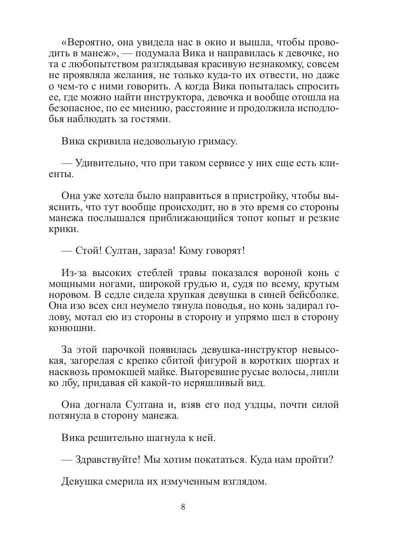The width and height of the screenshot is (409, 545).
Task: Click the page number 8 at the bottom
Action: tap(183, 507)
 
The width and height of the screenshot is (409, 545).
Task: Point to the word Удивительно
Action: tap(105, 163)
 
